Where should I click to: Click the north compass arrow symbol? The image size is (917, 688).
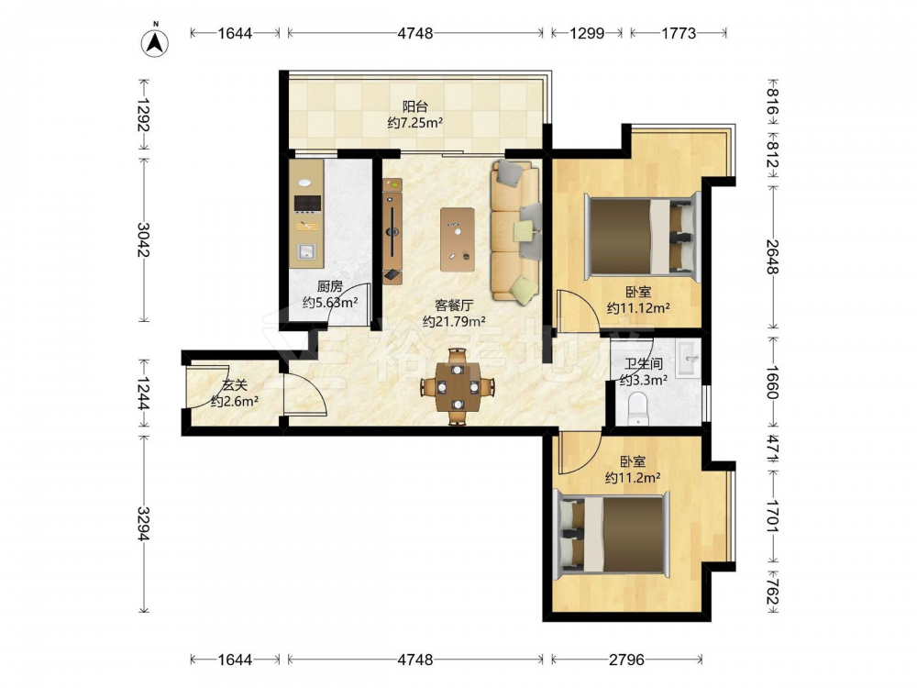click(156, 43)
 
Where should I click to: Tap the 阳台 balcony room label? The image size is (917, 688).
click(414, 107)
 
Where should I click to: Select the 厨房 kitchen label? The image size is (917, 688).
click(330, 286)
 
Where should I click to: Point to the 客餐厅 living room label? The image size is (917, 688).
click(454, 305)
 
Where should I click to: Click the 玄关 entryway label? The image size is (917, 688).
click(235, 385)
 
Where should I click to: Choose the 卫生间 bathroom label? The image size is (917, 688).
click(644, 364)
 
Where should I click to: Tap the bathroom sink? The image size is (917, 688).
click(689, 360)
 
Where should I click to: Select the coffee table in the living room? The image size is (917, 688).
click(458, 239)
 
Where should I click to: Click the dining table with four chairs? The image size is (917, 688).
click(458, 387)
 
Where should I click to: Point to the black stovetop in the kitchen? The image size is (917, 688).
click(308, 204)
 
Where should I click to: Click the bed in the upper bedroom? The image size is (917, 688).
click(643, 237)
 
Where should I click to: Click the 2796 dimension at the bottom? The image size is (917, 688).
click(626, 660)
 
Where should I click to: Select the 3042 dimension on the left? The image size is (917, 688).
click(144, 239)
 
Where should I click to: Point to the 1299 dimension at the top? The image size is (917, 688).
click(587, 33)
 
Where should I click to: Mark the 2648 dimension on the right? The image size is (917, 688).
click(772, 257)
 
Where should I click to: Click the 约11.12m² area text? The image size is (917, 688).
click(638, 307)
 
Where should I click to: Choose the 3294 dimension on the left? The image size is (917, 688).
click(144, 524)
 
